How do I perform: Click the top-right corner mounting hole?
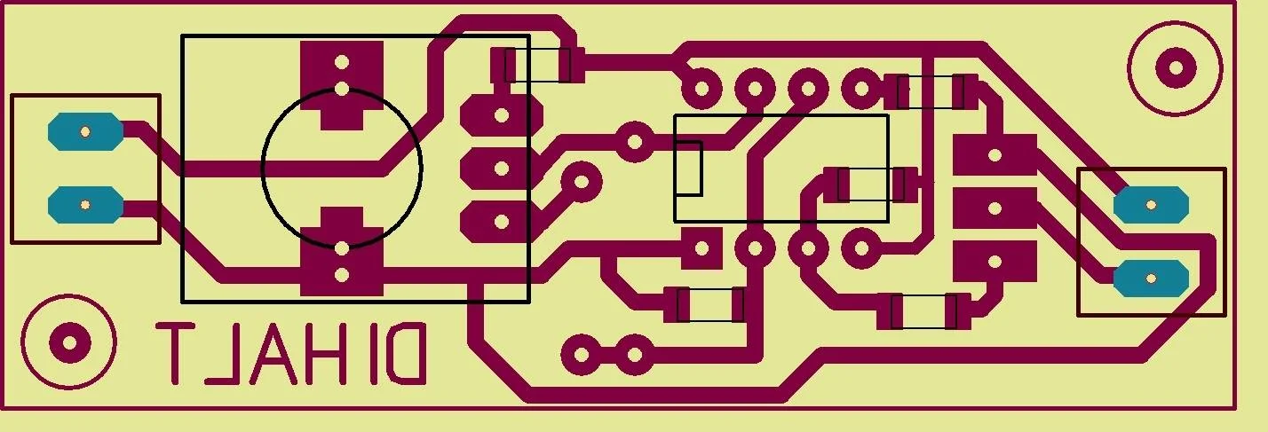[x=1176, y=68]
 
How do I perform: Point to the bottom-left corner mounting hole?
[x=69, y=342]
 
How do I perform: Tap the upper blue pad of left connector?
[x=85, y=132]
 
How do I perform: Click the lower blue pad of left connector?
[x=85, y=205]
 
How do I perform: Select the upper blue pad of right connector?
[x=1151, y=205]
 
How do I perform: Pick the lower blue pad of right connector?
[x=1151, y=279]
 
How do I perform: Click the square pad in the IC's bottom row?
[x=701, y=248]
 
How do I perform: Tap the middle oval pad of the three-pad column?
[x=502, y=169]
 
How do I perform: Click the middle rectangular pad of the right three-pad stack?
[x=995, y=208]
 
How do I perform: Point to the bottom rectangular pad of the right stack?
[x=995, y=261]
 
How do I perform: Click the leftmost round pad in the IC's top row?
[x=701, y=89]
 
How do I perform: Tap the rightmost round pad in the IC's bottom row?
[x=861, y=248]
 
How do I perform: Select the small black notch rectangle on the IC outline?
[x=688, y=169]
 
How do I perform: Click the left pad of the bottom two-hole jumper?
[x=582, y=355]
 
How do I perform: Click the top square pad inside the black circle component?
[x=341, y=85]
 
